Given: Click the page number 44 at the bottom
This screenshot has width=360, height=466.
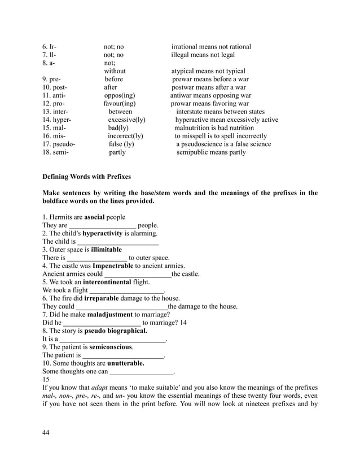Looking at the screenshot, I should point(46,432).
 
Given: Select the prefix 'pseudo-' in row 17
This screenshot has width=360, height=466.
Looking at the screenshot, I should point(59,144).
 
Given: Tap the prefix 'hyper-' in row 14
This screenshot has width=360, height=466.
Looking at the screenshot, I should point(57,120).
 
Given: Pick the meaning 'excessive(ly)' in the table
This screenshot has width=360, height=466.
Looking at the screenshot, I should point(127,120).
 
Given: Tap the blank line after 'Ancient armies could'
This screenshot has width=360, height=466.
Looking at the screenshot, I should point(138,275).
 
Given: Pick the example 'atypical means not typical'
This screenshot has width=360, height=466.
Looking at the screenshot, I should point(208,72).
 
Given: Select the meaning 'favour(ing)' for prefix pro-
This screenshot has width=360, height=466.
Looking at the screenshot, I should point(120,104).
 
